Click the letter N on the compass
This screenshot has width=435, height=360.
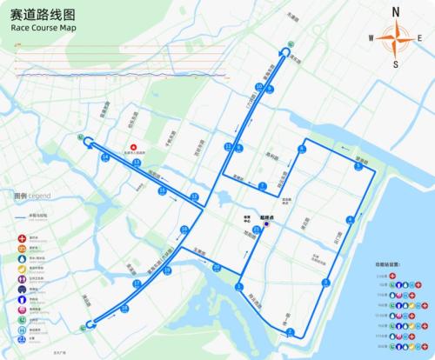point(396,11)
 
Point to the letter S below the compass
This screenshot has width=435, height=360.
point(396,63)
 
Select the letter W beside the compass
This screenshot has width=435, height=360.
point(371,37)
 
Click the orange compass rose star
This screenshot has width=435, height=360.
point(396,37)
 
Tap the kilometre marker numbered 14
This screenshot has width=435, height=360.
point(105,157)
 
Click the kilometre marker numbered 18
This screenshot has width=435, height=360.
point(125,308)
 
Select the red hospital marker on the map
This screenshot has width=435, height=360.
point(132,146)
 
